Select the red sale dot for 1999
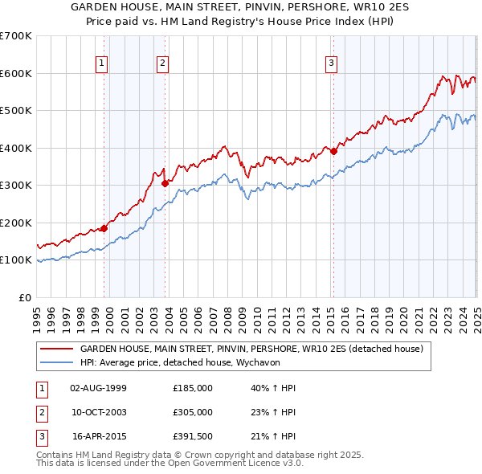(104, 228)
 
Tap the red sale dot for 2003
(165, 183)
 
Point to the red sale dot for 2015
(333, 150)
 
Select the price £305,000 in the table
(193, 412)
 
